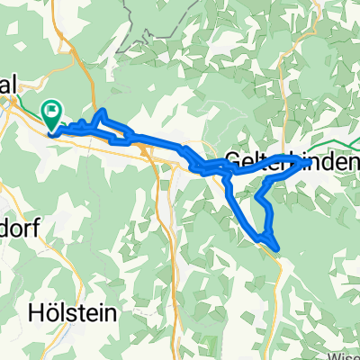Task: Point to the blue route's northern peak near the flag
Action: pyautogui.click(x=103, y=111)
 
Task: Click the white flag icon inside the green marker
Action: pyautogui.click(x=53, y=112)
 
